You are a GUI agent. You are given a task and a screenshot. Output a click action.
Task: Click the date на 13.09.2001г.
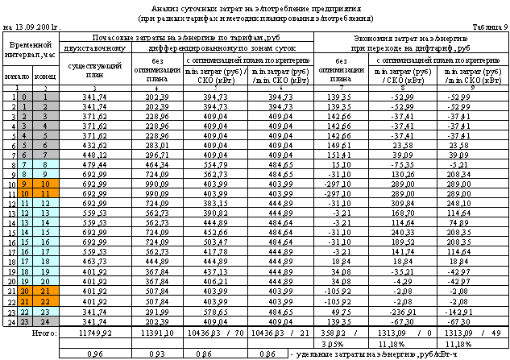33,27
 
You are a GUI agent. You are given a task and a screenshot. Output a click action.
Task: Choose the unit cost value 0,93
160,354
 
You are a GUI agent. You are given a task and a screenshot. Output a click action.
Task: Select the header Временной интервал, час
32,52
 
